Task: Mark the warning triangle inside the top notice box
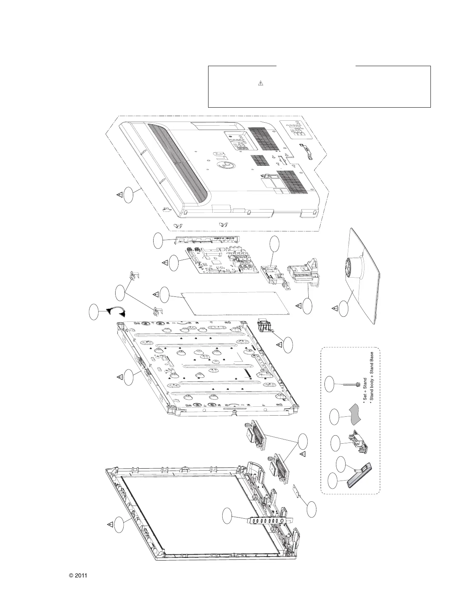tap(260, 83)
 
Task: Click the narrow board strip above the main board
tap(207, 240)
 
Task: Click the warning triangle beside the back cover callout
tap(120, 195)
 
